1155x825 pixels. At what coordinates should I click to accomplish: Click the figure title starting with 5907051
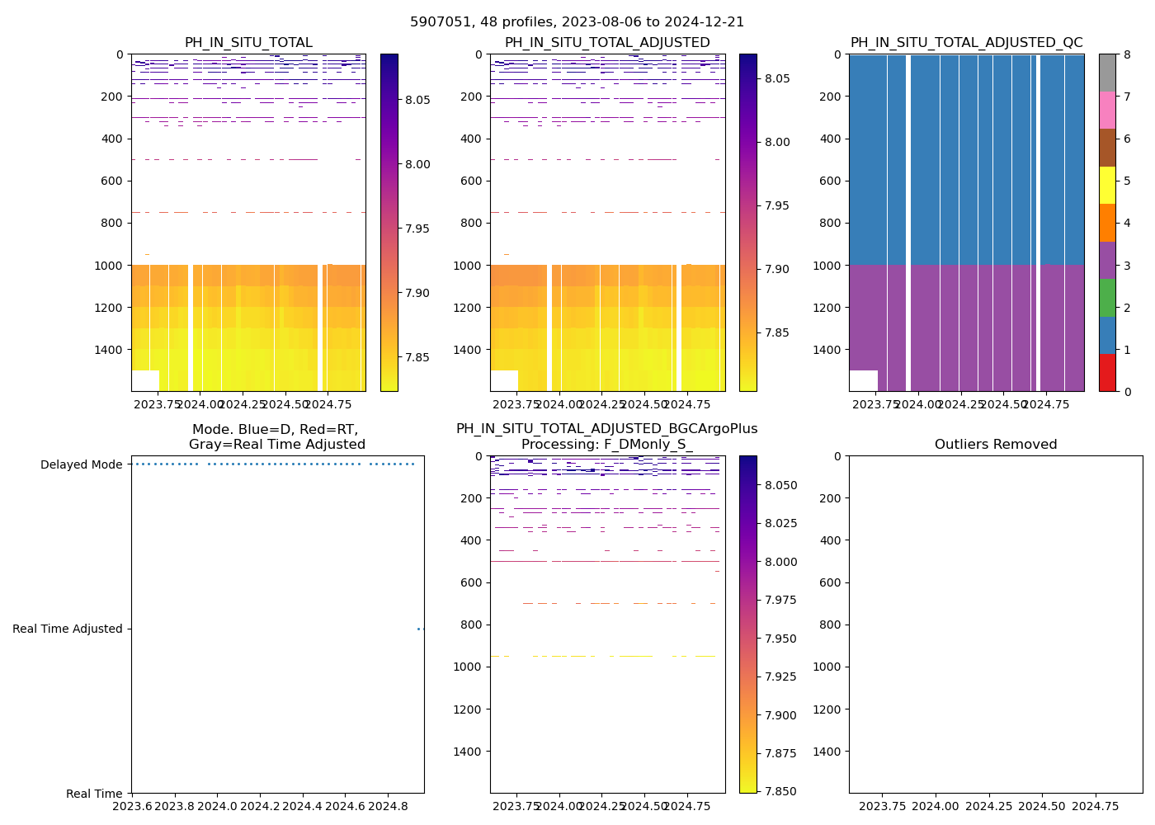tap(577, 22)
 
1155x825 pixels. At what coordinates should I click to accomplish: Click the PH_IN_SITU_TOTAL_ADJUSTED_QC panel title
tap(966, 43)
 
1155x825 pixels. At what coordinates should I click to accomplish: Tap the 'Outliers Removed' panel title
tap(995, 445)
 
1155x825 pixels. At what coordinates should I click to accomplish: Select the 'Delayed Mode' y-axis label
tap(81, 464)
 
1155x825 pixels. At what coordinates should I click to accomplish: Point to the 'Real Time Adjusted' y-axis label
tap(67, 629)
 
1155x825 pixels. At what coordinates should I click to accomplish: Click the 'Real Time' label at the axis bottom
tap(94, 794)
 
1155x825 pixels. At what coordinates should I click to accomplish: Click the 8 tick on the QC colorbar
tap(1127, 54)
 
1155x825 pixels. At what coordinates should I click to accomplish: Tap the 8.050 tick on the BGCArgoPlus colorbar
tap(780, 485)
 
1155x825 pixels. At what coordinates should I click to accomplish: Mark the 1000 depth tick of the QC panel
tap(830, 266)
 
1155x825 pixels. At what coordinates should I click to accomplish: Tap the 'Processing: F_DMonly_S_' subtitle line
tap(606, 445)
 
